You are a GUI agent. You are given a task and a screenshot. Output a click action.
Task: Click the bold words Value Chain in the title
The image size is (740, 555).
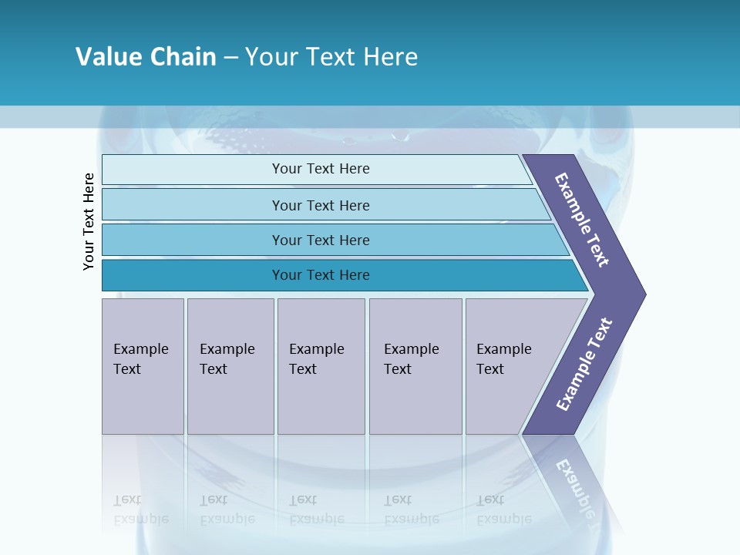[146, 57]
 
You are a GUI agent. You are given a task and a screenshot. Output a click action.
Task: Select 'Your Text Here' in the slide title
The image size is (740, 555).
[331, 57]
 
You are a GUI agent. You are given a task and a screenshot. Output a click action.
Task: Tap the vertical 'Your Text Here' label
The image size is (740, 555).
[89, 222]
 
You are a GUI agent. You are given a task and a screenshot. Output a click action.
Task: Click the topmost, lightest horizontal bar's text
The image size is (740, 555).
[321, 169]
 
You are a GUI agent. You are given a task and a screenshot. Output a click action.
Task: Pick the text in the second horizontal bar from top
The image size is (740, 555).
[321, 206]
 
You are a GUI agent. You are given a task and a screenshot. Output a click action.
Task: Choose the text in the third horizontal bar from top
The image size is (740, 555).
[321, 240]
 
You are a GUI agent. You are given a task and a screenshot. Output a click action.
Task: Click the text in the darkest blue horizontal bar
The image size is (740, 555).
[321, 275]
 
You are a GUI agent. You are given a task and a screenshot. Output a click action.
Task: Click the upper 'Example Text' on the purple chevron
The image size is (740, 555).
[582, 220]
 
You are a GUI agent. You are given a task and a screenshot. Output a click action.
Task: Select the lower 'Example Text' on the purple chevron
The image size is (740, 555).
[584, 365]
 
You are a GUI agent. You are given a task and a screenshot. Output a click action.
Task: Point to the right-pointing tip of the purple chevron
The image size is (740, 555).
[643, 294]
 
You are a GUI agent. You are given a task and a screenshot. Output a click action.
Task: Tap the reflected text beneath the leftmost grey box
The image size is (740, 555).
[140, 510]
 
